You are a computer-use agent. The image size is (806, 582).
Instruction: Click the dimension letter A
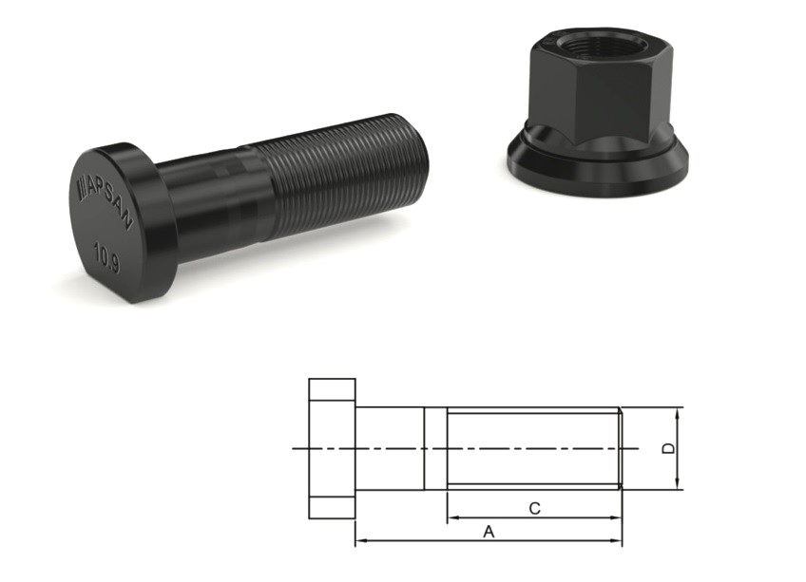(489, 533)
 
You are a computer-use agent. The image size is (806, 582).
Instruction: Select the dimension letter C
(534, 509)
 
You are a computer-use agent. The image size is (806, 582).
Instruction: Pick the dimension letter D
(669, 448)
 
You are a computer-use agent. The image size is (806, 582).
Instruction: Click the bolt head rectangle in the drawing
(332, 448)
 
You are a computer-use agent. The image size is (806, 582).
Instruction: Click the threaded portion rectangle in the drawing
(532, 448)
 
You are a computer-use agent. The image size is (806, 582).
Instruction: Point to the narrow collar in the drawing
(434, 448)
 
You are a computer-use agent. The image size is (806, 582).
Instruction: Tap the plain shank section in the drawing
(389, 448)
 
